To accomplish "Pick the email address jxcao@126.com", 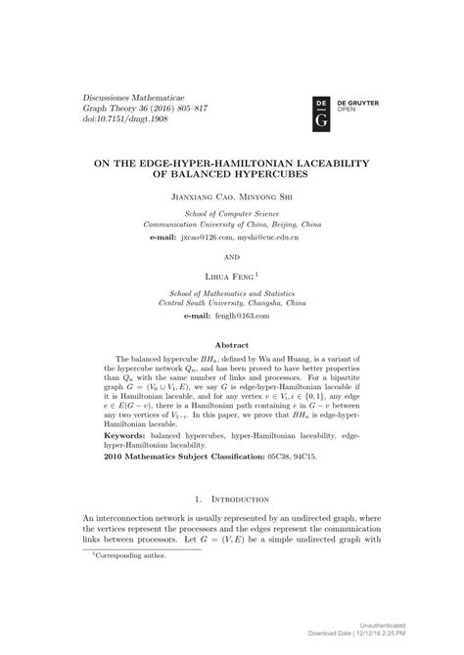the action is coord(208,237).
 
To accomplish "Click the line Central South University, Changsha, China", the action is coord(232,304).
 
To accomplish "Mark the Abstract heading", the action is coord(232,344).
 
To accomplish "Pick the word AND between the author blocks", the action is coord(232,257).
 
